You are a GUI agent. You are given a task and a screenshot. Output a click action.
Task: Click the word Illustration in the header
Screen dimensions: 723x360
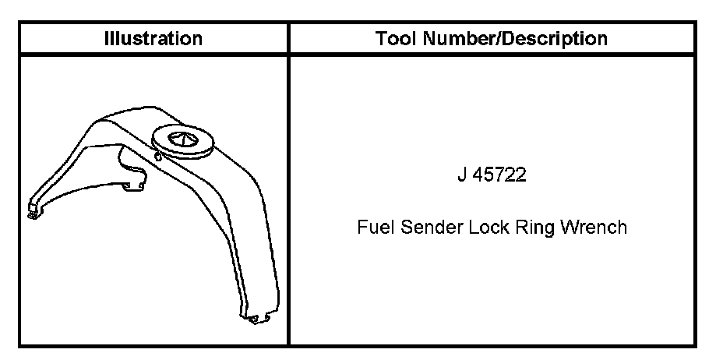click(153, 38)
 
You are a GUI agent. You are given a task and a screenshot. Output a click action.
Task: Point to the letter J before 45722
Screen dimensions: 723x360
click(462, 175)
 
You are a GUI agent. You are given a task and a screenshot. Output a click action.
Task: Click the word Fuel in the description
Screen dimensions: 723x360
click(372, 228)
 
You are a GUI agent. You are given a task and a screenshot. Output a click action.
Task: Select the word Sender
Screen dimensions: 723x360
click(425, 228)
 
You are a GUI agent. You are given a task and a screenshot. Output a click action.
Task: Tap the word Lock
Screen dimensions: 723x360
click(484, 228)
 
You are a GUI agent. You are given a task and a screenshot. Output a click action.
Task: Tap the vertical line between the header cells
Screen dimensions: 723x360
click(288, 38)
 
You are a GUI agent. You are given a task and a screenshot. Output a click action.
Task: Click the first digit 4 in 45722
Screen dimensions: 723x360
click(478, 175)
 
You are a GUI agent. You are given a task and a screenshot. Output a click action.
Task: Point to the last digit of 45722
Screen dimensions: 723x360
click(521, 175)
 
